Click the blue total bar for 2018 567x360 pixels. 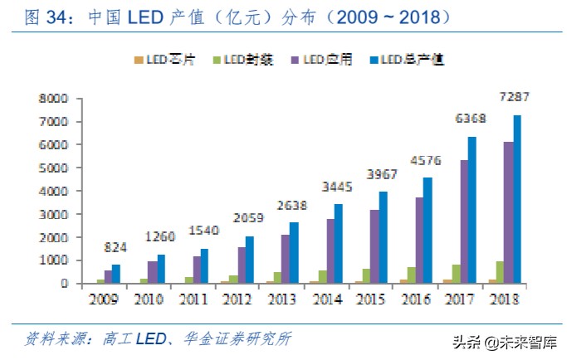[516, 199]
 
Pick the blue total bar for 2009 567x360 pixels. [116, 275]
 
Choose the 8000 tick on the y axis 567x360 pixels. [51, 98]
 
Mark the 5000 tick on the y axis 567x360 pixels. [51, 168]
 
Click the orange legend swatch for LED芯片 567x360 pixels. [138, 60]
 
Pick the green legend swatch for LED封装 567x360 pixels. [216, 60]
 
